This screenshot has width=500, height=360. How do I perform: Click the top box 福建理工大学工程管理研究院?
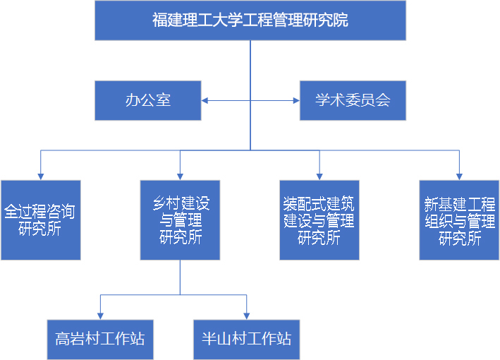[x=250, y=20]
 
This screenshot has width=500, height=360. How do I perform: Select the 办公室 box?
[x=148, y=100]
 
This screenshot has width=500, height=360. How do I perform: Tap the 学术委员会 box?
[x=353, y=100]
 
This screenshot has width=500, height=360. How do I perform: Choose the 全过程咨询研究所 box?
[x=40, y=220]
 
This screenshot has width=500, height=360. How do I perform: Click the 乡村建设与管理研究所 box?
[x=181, y=220]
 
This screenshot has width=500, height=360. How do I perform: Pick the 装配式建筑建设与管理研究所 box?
[x=319, y=220]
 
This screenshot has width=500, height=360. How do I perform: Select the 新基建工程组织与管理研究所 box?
[x=460, y=220]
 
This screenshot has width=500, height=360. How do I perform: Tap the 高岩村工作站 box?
[x=100, y=338]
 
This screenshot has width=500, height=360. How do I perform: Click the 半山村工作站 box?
[x=246, y=338]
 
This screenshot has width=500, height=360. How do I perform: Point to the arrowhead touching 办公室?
[x=205, y=100]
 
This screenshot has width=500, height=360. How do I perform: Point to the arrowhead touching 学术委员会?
[x=296, y=100]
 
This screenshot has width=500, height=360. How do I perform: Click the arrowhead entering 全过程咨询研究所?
[x=40, y=176]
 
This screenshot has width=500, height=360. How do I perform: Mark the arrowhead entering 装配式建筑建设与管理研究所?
[x=319, y=176]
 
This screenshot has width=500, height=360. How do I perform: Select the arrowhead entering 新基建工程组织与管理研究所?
[x=460, y=176]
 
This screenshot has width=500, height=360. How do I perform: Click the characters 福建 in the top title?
[x=165, y=20]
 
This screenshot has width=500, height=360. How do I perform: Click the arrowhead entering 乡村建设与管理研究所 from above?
[x=181, y=176]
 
